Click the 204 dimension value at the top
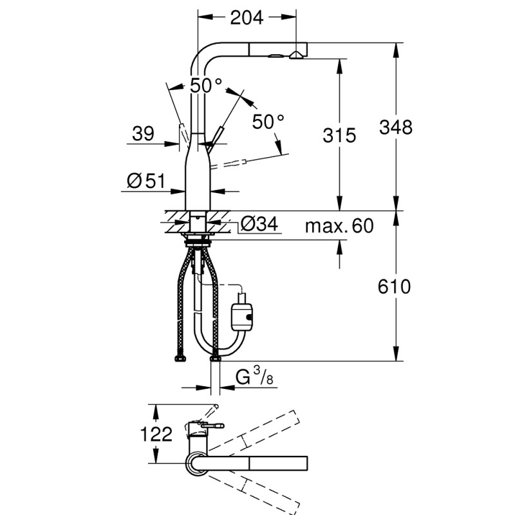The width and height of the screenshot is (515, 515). pos(247,18)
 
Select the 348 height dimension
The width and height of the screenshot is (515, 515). pos(395,127)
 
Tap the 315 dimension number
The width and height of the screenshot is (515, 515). pos(339,135)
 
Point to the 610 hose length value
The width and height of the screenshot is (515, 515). pos(394,286)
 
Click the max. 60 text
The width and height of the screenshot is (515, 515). pos(339,226)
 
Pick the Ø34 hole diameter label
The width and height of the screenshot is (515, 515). pos(259,225)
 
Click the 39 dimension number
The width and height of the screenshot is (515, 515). pos(143,134)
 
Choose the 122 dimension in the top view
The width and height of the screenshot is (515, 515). pos(157,435)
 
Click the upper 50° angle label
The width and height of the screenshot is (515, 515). pos(206,85)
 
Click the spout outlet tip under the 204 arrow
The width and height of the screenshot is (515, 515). pos(297,55)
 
